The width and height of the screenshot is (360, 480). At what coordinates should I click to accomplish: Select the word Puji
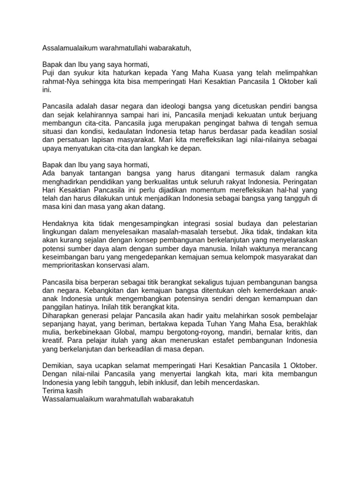point(49,73)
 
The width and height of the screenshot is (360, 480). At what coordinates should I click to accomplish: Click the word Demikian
point(58,366)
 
